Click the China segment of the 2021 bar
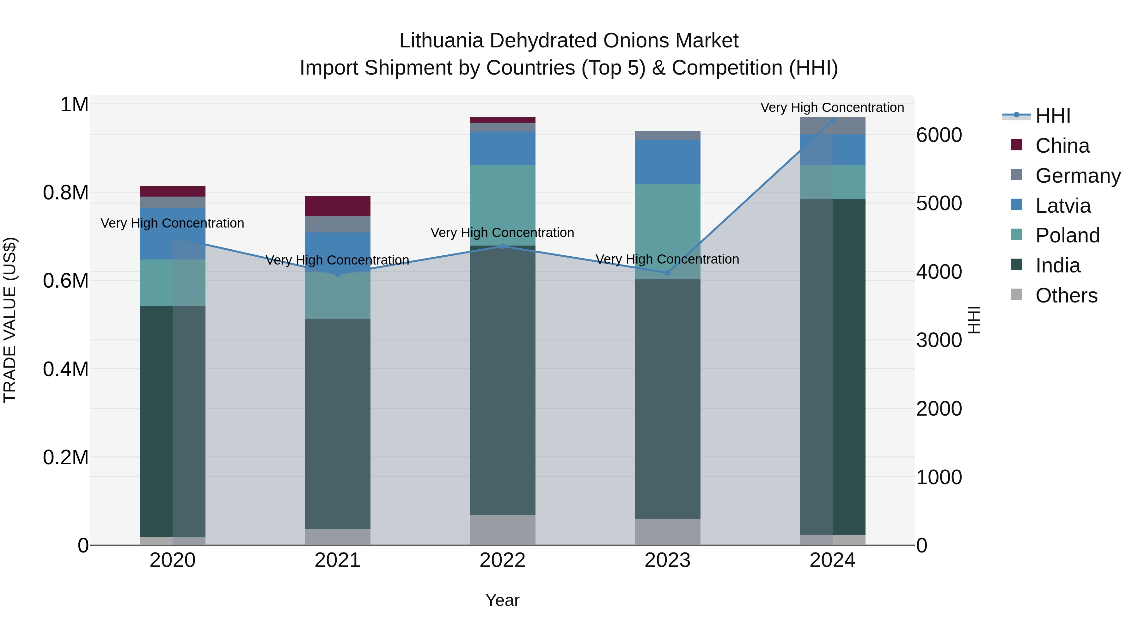click(338, 206)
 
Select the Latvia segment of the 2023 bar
click(668, 162)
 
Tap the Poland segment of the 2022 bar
click(502, 205)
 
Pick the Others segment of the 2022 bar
click(502, 530)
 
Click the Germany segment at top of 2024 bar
click(832, 126)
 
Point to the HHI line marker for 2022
click(502, 247)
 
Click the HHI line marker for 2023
click(668, 273)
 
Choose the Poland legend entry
click(1067, 235)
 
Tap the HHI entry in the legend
click(1052, 116)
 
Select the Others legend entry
click(1066, 296)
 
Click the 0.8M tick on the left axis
click(65, 192)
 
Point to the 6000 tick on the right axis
click(939, 135)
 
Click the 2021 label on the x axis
click(338, 560)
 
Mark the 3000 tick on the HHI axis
click(939, 340)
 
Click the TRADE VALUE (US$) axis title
click(10, 320)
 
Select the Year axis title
click(502, 600)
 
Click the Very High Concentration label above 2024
click(832, 107)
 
